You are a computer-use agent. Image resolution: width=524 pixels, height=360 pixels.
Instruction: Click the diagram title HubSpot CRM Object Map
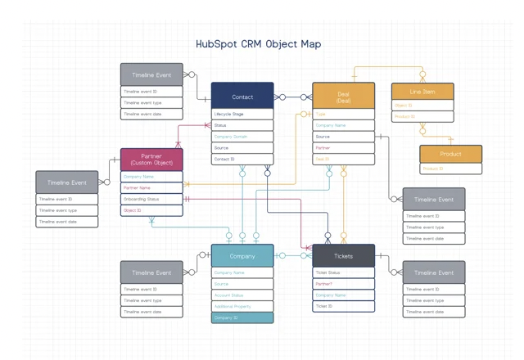[259, 44]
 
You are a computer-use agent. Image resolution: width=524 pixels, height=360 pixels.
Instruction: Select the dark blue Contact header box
[242, 96]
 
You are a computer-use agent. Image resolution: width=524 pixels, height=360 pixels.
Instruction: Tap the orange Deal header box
[343, 96]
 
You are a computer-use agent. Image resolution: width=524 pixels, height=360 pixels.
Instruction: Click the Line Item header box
[422, 92]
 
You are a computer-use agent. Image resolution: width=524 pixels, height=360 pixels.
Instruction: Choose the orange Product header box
[450, 154]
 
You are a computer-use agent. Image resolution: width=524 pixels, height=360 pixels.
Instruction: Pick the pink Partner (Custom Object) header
[151, 159]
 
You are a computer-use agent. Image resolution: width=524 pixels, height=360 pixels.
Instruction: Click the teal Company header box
[242, 256]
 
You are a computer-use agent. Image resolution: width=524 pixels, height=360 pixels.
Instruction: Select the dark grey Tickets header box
[343, 256]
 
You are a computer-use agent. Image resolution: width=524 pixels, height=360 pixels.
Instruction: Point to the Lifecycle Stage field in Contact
[242, 115]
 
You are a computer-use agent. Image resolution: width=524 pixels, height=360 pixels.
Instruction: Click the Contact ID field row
[242, 160]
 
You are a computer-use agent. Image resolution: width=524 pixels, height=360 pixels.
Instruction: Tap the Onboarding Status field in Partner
[151, 199]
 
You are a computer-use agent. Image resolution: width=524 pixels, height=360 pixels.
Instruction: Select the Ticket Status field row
[343, 272]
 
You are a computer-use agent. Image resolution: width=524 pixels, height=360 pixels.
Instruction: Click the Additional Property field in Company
[242, 306]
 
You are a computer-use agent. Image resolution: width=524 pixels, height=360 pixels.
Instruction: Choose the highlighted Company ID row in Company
[242, 317]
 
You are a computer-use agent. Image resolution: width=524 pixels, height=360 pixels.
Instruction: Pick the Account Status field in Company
[242, 295]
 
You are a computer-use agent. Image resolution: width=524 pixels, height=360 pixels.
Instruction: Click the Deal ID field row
[343, 160]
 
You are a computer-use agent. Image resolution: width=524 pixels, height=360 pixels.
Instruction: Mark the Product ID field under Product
[450, 169]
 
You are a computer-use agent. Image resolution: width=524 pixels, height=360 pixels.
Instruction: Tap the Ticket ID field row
[343, 306]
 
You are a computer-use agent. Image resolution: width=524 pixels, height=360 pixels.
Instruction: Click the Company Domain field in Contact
[242, 137]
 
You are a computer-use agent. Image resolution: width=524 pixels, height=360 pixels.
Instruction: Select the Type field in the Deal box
[343, 115]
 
